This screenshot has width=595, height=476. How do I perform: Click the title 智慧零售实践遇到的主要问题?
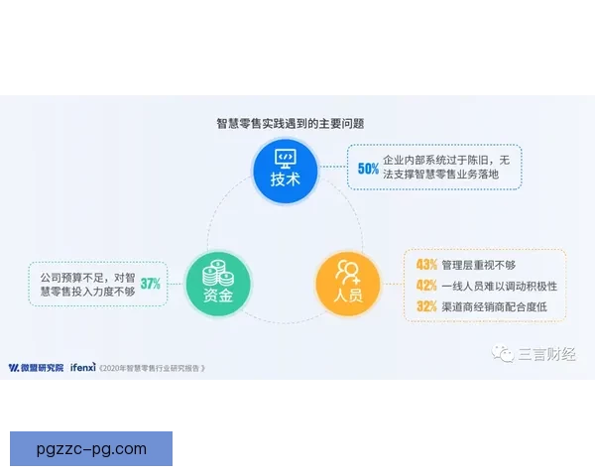pyautogui.click(x=291, y=124)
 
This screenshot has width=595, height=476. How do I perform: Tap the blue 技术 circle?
pyautogui.click(x=286, y=170)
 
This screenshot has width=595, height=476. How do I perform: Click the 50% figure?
pyautogui.click(x=368, y=169)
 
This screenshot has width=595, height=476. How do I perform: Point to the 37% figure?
pyautogui.click(x=151, y=283)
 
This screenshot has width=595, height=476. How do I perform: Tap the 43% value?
pyautogui.click(x=426, y=265)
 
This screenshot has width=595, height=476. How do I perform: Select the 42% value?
pyautogui.click(x=426, y=286)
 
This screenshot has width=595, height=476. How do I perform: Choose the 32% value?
pyautogui.click(x=426, y=306)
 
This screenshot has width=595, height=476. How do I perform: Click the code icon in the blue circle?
pyautogui.click(x=286, y=157)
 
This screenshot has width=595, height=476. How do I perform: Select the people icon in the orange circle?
pyautogui.click(x=348, y=271)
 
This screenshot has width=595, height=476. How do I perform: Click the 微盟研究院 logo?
pyautogui.click(x=36, y=366)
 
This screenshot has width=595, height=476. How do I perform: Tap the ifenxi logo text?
pyautogui.click(x=81, y=366)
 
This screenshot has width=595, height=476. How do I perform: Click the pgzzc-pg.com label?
pyautogui.click(x=90, y=448)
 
